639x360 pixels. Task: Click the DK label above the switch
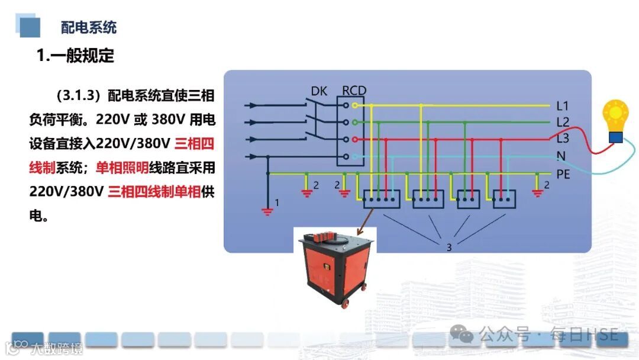(x=319, y=91)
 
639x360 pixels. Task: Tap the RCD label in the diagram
(x=354, y=91)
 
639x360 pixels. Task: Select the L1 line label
(x=563, y=107)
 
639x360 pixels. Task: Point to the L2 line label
(x=563, y=123)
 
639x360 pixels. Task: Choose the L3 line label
(x=563, y=139)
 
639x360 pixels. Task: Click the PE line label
(x=563, y=174)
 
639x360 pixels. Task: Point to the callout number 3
(x=449, y=247)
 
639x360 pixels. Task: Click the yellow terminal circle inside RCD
(x=354, y=105)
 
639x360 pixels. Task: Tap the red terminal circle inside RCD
(x=354, y=139)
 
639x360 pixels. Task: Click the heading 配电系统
(x=89, y=27)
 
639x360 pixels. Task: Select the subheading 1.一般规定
(x=75, y=56)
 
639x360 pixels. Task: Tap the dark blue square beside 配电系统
(x=30, y=27)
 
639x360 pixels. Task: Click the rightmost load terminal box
(x=505, y=199)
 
